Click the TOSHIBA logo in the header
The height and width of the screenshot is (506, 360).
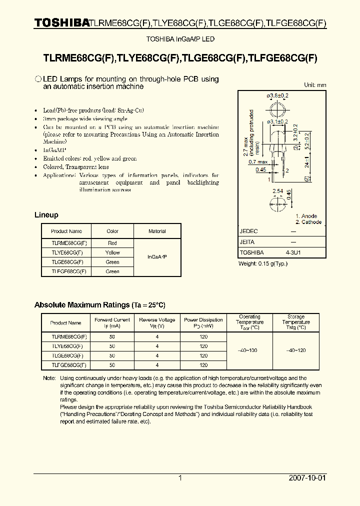(x=61, y=22)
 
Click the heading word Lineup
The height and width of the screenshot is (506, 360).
(x=46, y=215)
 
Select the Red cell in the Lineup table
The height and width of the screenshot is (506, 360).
(x=112, y=243)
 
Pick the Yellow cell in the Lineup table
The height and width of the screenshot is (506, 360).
(x=112, y=252)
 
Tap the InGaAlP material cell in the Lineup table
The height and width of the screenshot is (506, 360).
(x=157, y=256)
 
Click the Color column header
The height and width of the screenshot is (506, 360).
(x=112, y=231)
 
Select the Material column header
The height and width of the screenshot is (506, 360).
(x=157, y=231)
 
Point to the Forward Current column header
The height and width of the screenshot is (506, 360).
(x=112, y=322)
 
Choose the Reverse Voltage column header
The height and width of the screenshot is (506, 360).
(x=157, y=322)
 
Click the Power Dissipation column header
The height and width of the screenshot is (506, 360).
(x=203, y=322)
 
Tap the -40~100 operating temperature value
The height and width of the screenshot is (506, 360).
(x=249, y=350)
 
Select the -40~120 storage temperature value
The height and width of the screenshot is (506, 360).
(x=296, y=350)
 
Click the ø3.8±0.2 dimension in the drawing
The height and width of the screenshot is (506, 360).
(x=277, y=95)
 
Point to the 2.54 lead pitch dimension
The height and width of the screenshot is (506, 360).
(x=277, y=191)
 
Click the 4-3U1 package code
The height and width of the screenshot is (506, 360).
(x=293, y=252)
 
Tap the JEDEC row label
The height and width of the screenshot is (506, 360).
(x=249, y=231)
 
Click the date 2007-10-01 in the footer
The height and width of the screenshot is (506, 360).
(x=307, y=478)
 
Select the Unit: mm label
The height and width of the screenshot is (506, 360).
(x=315, y=85)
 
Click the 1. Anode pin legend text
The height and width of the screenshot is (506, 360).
(x=306, y=216)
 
